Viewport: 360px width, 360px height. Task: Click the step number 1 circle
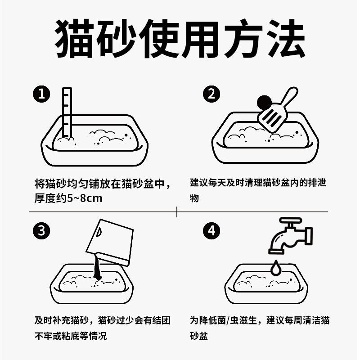[41, 94]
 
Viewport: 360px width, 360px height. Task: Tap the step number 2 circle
[211, 94]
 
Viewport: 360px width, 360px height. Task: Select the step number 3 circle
[41, 230]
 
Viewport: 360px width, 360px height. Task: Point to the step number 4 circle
[211, 230]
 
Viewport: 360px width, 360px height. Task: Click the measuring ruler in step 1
[67, 113]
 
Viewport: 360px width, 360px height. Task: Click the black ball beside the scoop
[264, 103]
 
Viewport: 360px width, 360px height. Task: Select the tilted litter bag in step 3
[110, 242]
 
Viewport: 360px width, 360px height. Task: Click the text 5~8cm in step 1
[85, 198]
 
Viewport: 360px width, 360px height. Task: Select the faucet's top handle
[290, 220]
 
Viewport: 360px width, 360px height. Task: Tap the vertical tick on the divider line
[177, 211]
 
